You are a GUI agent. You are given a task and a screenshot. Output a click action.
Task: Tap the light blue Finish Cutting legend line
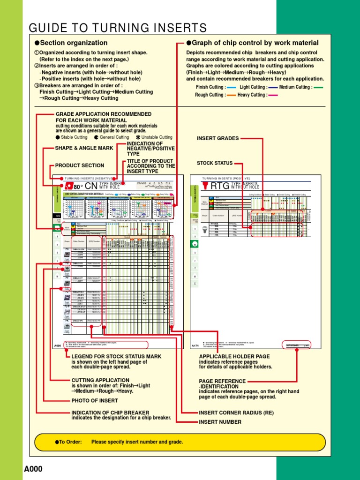[231, 87]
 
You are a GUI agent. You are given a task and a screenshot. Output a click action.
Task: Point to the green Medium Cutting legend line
[318, 87]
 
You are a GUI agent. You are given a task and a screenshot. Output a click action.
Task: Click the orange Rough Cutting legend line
[231, 95]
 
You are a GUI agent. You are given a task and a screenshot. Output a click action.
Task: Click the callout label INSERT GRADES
[218, 138]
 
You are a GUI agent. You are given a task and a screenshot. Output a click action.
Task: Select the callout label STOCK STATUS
[215, 163]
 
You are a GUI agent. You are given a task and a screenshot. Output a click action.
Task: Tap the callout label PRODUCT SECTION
[80, 165]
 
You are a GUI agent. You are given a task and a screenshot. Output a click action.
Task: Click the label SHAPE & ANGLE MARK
[84, 148]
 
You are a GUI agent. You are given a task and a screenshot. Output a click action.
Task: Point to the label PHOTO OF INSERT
[94, 401]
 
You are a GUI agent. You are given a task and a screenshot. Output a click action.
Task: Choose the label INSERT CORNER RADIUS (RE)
[236, 413]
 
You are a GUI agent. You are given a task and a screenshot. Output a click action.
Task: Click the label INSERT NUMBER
[220, 422]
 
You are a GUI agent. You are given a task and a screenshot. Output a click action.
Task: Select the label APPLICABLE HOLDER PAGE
[234, 356]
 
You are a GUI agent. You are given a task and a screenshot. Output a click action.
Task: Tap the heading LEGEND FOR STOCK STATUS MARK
[116, 356]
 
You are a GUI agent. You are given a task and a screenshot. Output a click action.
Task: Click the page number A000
[33, 469]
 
